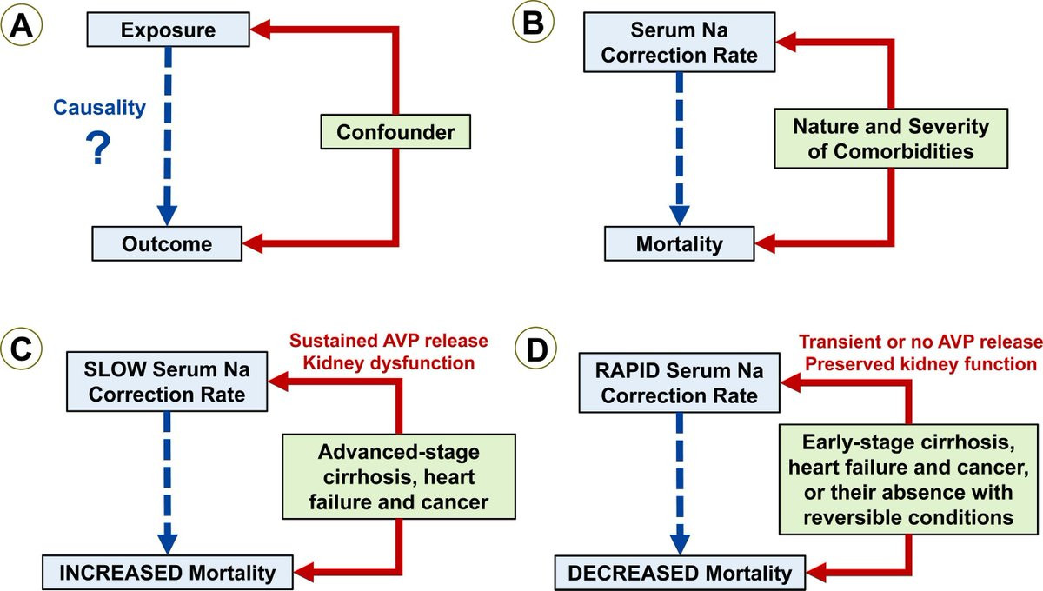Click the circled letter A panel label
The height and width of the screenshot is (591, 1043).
[x=22, y=24]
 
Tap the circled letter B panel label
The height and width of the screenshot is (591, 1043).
[x=533, y=22]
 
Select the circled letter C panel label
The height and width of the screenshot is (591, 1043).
[x=22, y=349]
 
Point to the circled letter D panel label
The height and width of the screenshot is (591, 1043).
[x=536, y=349]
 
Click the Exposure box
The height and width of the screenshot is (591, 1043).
[x=168, y=30]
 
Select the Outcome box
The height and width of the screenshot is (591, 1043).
[x=167, y=243]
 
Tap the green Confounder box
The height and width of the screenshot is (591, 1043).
[x=395, y=132]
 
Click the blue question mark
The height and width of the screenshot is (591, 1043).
[x=98, y=148]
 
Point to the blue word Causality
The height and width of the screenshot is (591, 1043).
[x=99, y=108]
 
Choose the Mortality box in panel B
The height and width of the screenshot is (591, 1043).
[x=680, y=243]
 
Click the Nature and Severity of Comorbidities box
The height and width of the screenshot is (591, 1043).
[x=891, y=138]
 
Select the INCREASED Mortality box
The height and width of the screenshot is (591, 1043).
[x=168, y=573]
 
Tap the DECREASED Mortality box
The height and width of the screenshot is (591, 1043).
[x=680, y=573]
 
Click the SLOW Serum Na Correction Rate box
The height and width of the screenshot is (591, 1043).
[x=167, y=382]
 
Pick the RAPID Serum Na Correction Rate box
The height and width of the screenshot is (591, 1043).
[x=680, y=382]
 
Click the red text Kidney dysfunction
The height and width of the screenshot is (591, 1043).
[x=389, y=363]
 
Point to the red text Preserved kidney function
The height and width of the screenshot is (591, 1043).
[x=920, y=364]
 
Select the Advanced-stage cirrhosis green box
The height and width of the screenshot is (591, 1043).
[x=399, y=476]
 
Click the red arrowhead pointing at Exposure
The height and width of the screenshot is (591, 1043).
[x=261, y=30]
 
